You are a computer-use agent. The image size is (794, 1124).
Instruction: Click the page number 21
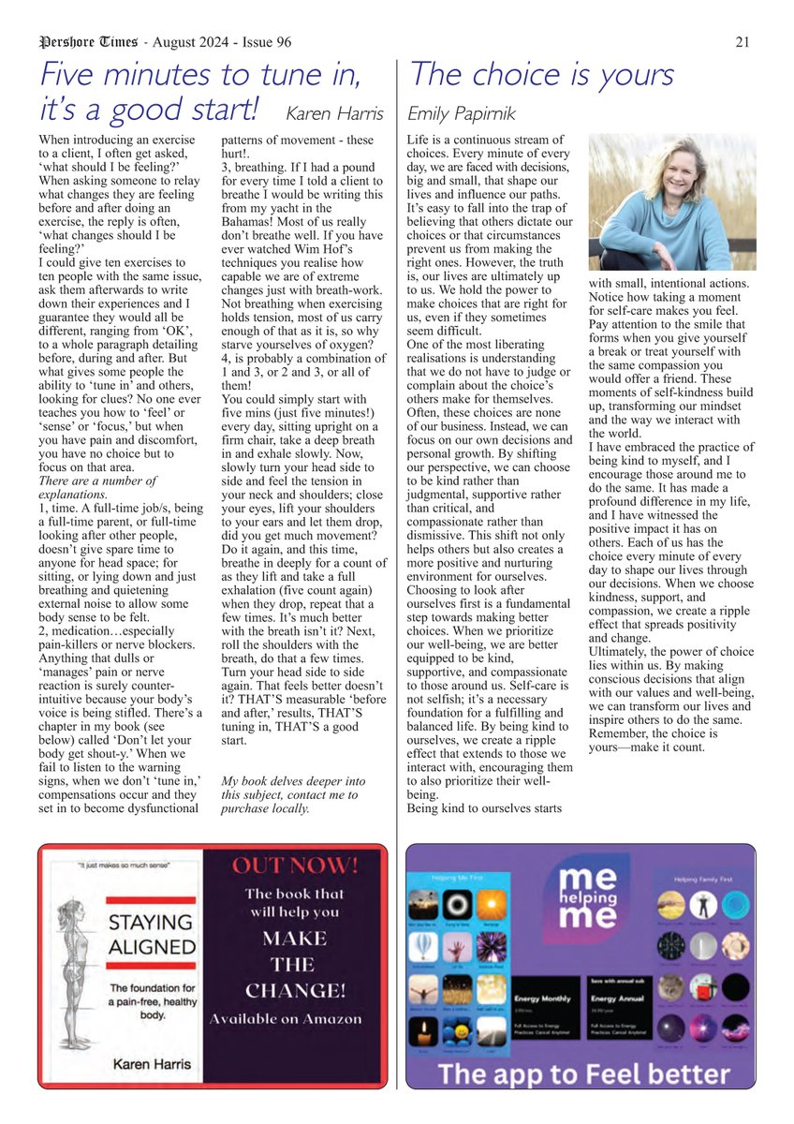pyautogui.click(x=742, y=42)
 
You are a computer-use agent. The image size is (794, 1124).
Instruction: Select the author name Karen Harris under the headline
pyautogui.click(x=334, y=114)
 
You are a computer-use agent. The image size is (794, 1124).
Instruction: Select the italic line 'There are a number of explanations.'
pyautogui.click(x=96, y=488)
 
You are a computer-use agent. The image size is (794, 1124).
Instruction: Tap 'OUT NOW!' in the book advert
pyautogui.click(x=296, y=865)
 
